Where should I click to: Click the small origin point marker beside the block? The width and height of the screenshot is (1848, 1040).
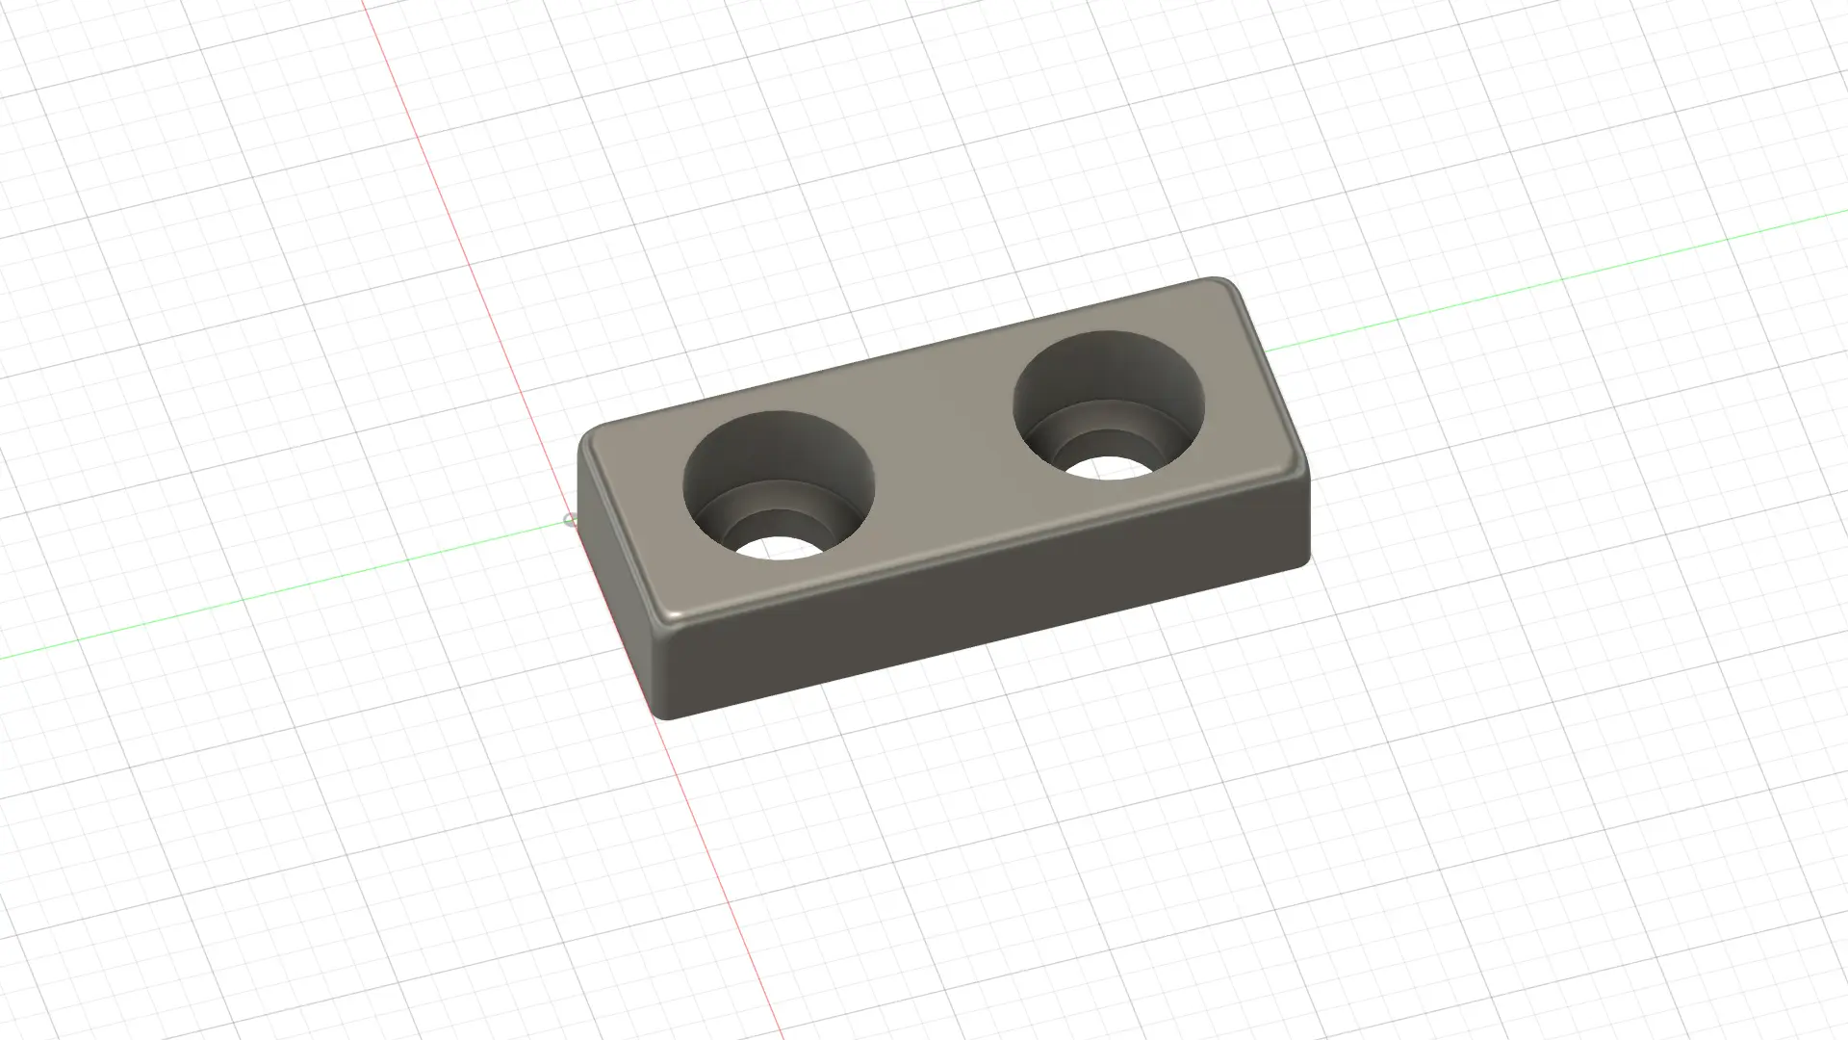pos(568,521)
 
